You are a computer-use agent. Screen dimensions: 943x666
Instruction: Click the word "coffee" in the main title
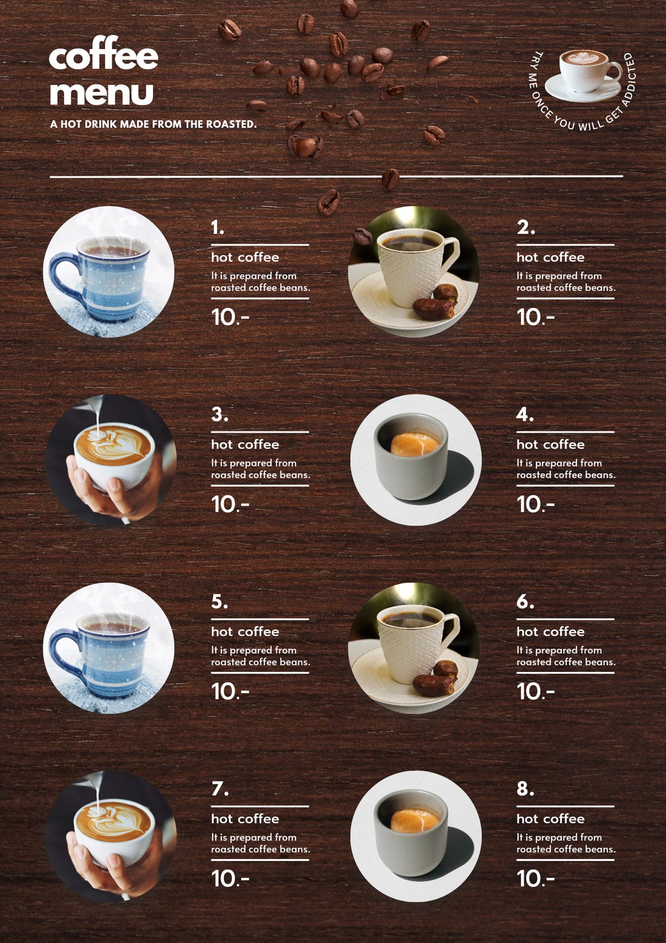tap(104, 56)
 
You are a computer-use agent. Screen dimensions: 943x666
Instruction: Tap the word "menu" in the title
tap(102, 93)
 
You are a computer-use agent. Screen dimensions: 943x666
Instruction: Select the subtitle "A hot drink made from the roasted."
tap(153, 124)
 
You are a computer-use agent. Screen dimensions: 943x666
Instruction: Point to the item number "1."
tap(218, 228)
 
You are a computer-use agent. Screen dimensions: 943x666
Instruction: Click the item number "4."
tap(525, 415)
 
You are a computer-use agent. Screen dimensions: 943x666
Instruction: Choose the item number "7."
tap(220, 789)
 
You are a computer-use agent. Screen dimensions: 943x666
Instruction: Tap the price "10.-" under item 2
tap(535, 317)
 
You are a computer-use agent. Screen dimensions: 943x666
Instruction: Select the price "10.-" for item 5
tap(230, 691)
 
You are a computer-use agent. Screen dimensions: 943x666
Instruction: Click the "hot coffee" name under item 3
tap(245, 444)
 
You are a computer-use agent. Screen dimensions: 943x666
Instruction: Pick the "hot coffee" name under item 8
tap(550, 819)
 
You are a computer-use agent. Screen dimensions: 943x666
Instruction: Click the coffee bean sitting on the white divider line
tap(390, 178)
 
